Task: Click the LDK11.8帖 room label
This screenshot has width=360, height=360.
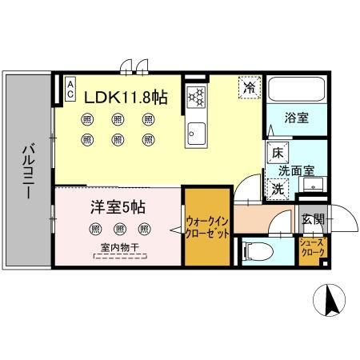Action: pos(126,98)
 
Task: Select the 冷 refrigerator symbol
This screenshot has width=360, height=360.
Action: pos(250,86)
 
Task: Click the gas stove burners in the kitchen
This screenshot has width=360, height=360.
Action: pos(196,98)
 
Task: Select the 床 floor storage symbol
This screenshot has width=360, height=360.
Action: pos(277,152)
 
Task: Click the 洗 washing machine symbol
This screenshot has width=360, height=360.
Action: pos(276,190)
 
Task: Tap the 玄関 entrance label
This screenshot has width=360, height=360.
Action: pos(312,220)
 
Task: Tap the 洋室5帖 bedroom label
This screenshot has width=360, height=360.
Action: pos(116,207)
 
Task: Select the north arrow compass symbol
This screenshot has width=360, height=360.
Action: pos(329,300)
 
